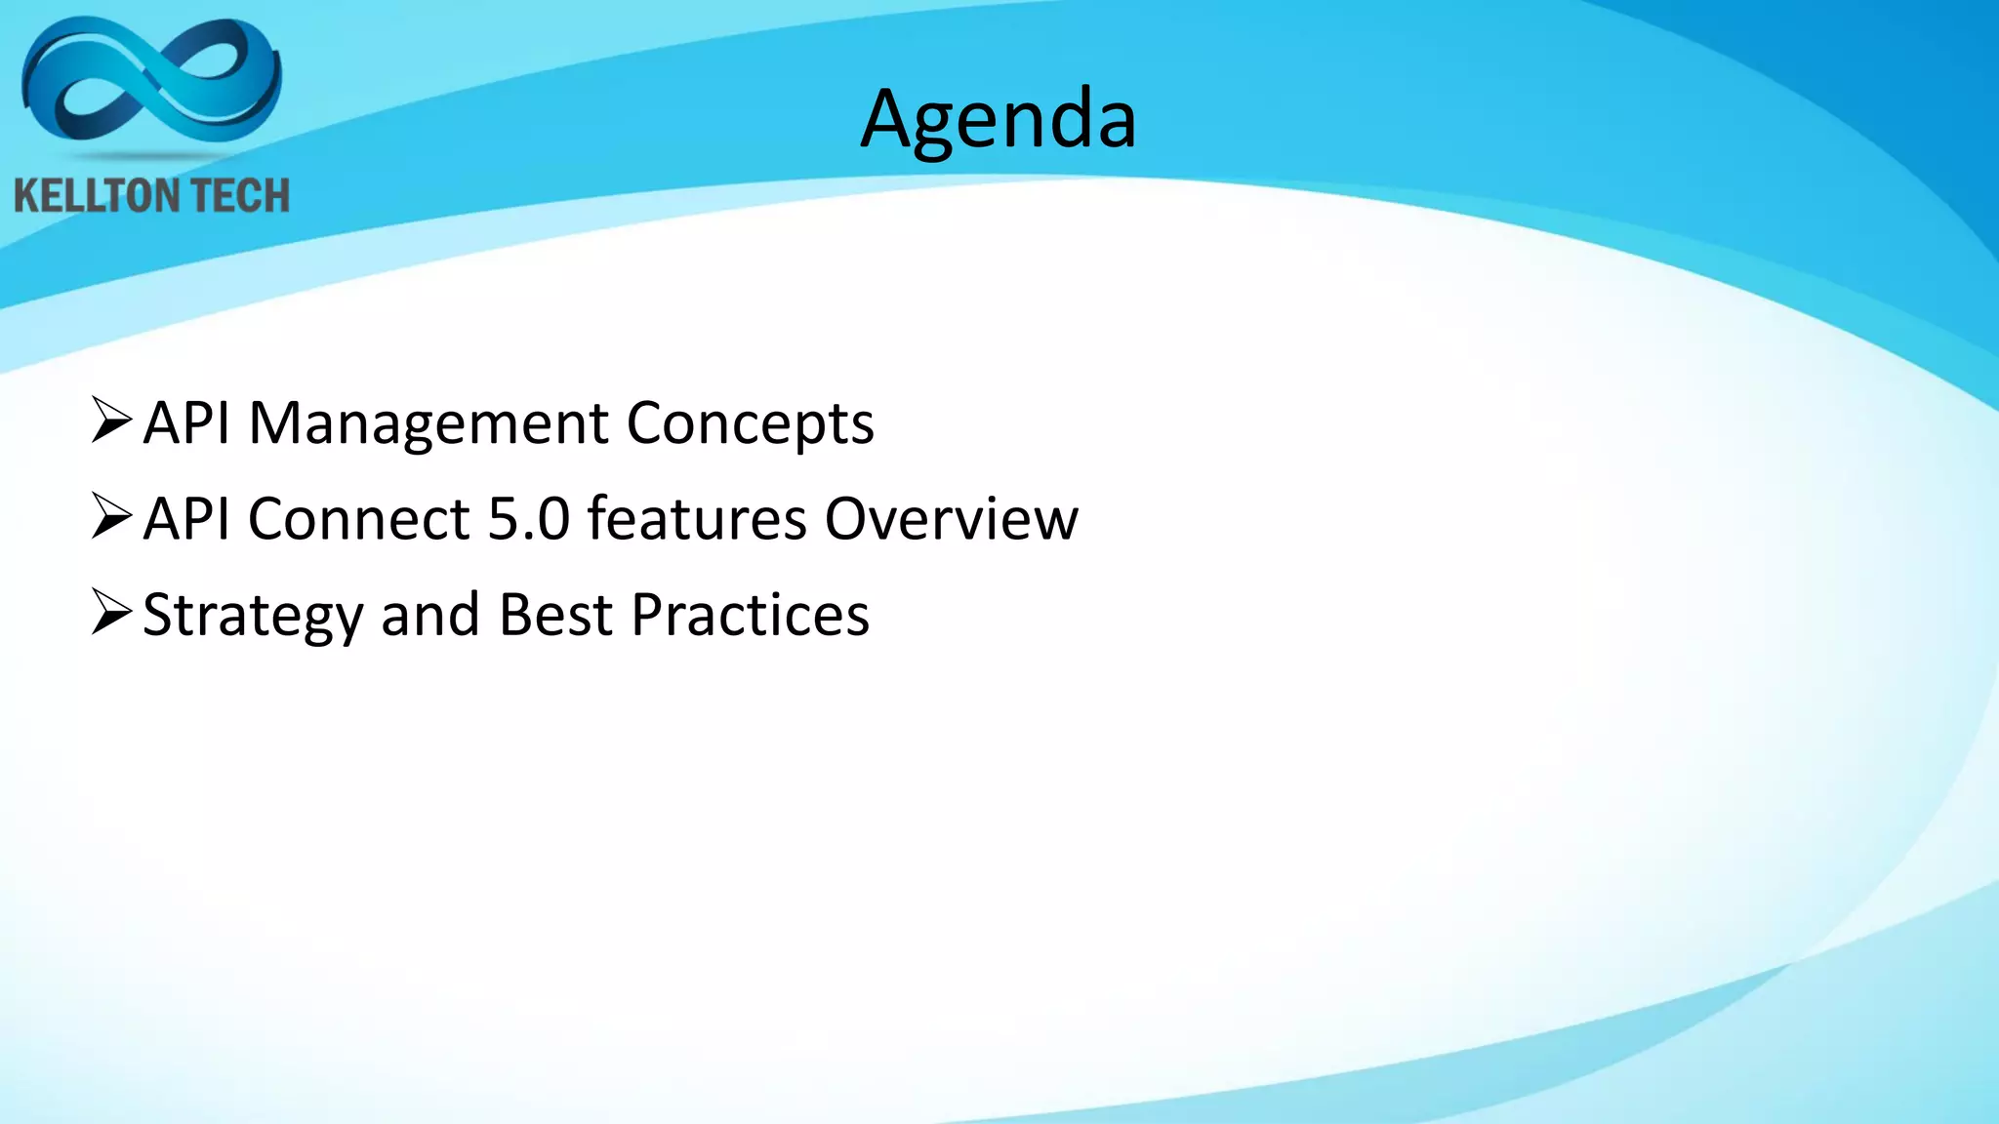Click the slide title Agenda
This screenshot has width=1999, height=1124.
pos(999,119)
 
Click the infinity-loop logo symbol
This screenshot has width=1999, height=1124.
pos(151,80)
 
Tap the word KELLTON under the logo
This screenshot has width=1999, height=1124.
pos(88,196)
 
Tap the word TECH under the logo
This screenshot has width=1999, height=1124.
pos(239,196)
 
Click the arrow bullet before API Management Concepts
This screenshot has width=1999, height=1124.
pos(110,421)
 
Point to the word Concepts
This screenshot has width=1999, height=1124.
pos(750,423)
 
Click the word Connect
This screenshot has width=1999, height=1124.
pos(359,518)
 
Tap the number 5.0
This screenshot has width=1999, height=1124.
pos(528,518)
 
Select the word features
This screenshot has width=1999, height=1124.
pos(697,518)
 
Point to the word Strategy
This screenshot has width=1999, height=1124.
pos(253,616)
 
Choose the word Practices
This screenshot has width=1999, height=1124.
pos(750,615)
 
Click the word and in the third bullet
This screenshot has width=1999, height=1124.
pos(429,615)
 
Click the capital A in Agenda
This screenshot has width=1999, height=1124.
pos(889,118)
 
